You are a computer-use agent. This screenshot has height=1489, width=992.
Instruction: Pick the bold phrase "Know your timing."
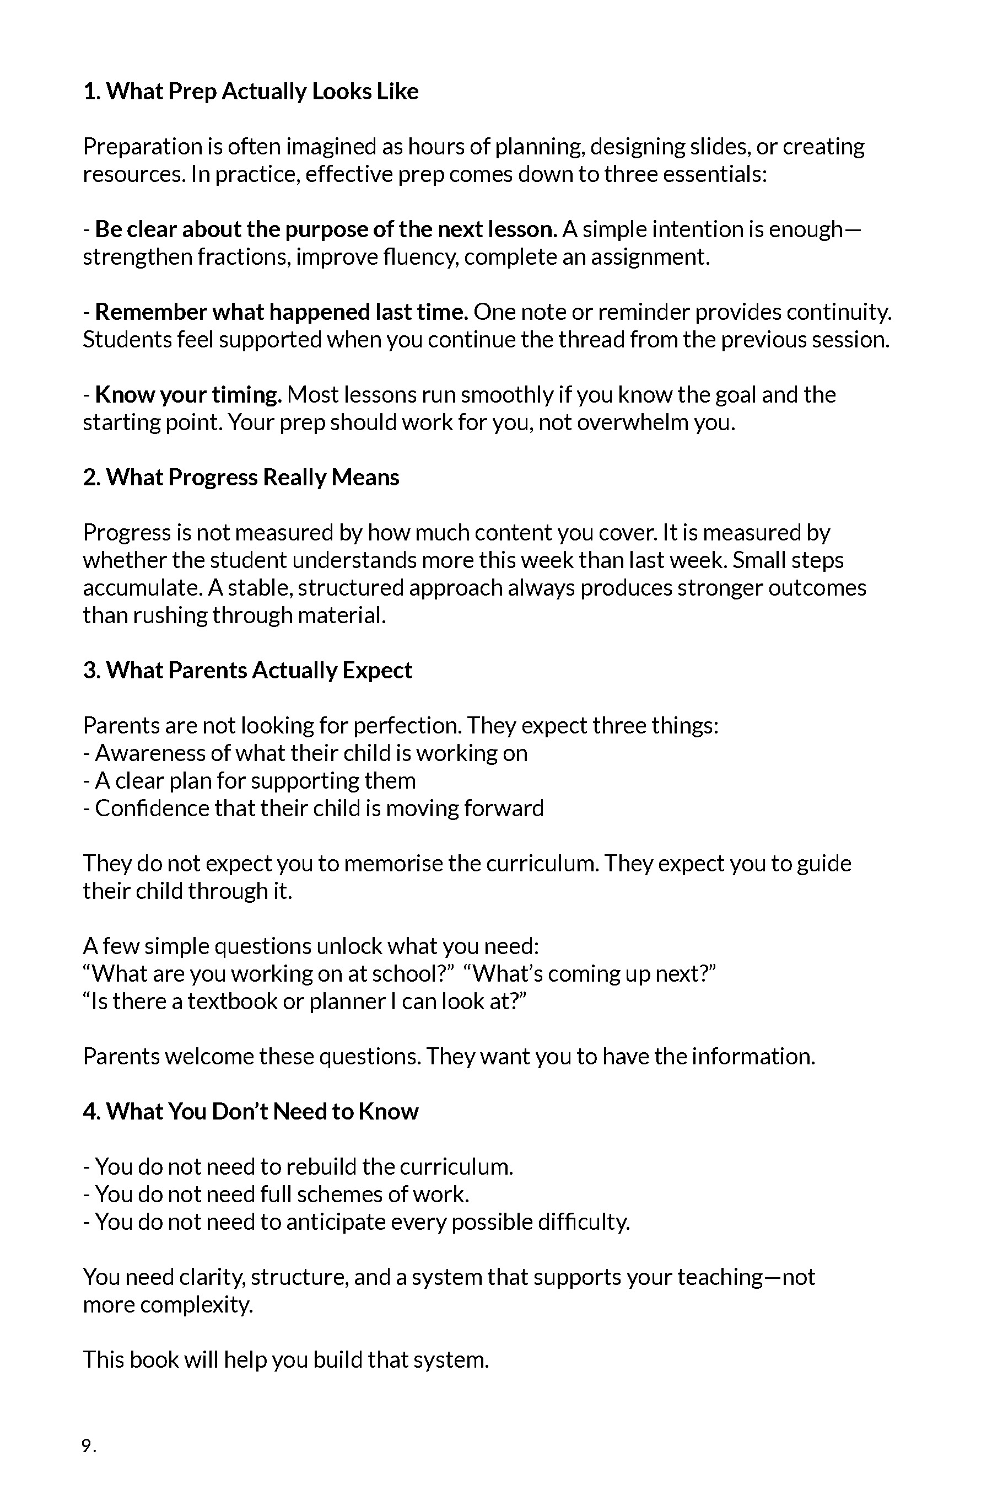(188, 395)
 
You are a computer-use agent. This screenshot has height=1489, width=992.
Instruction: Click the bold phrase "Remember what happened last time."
(282, 312)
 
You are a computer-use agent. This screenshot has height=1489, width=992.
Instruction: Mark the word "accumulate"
(142, 588)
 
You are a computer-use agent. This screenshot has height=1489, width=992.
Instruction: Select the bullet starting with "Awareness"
(305, 753)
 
